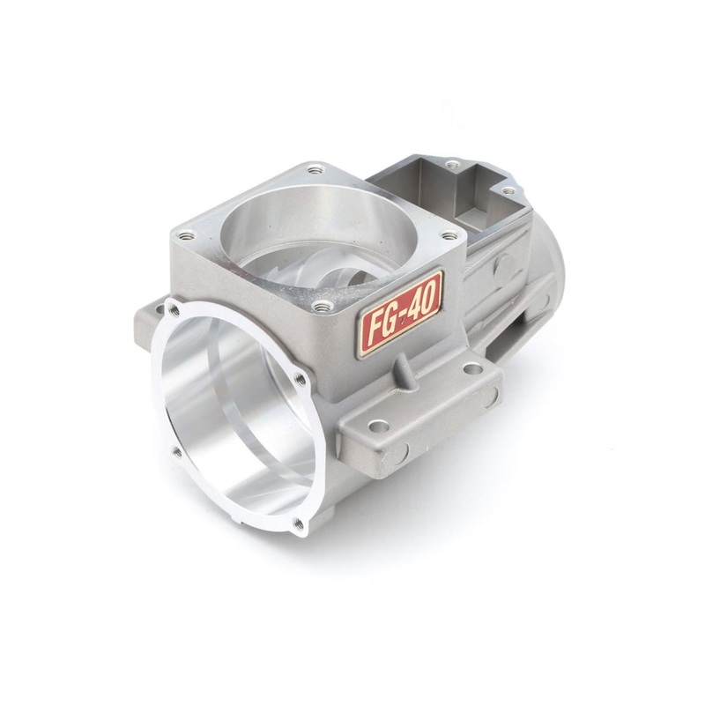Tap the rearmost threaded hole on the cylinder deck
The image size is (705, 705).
(310, 167)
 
